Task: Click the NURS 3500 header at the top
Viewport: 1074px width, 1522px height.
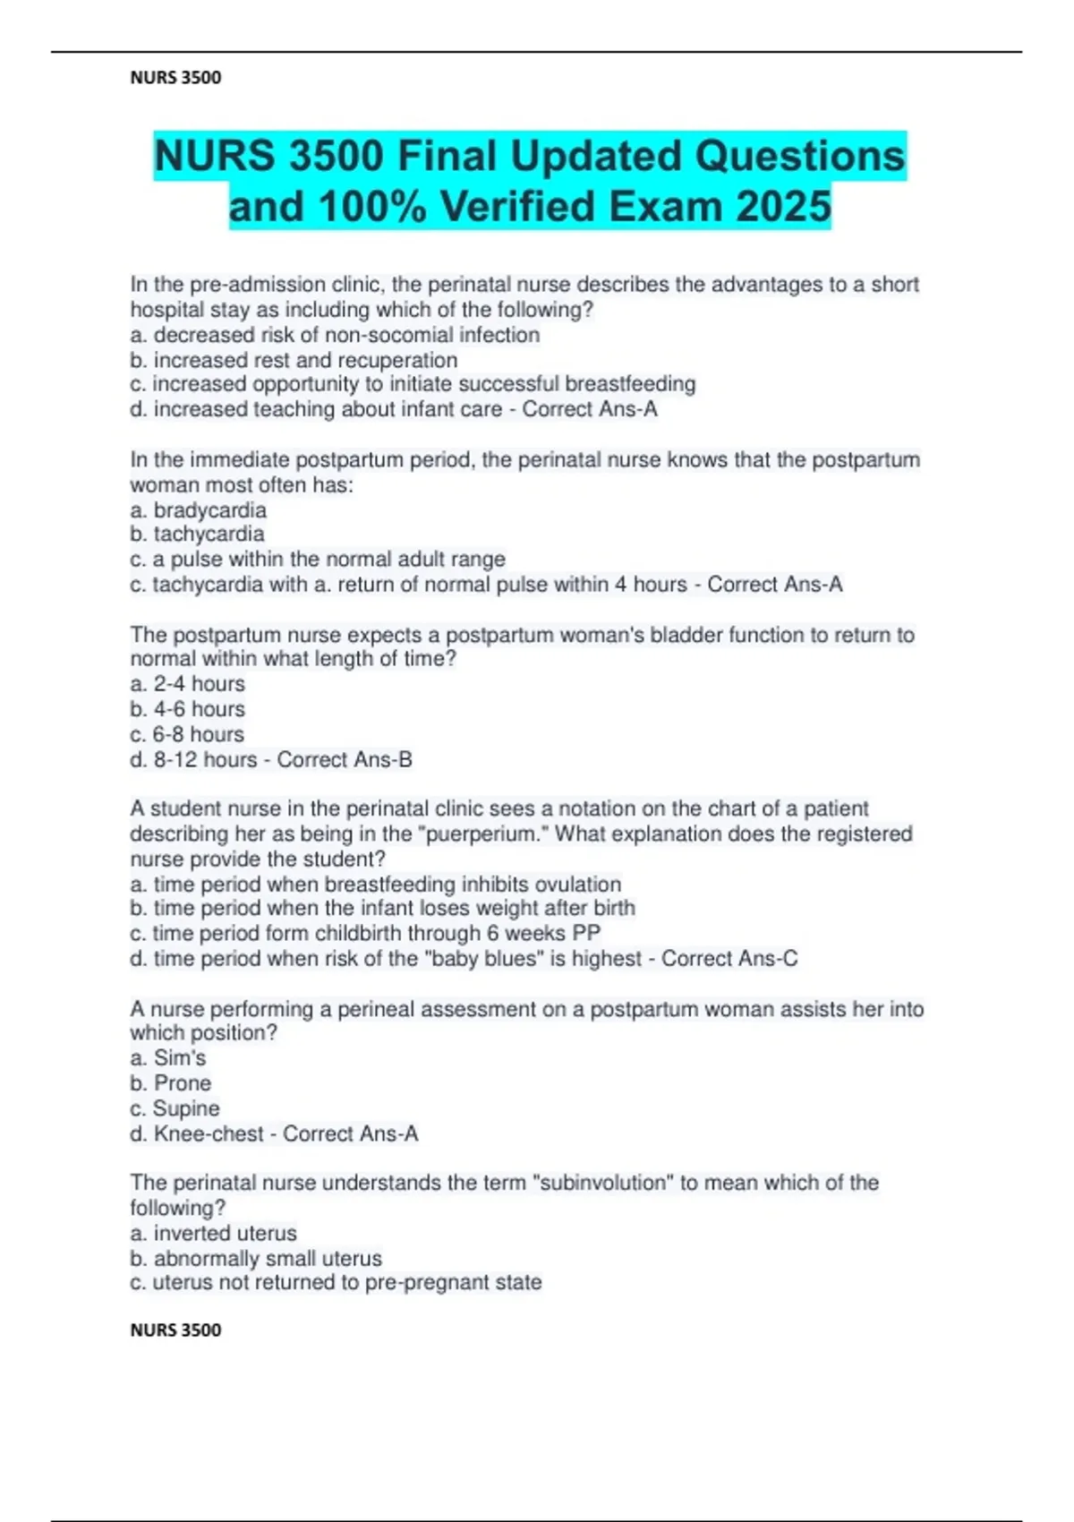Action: click(175, 78)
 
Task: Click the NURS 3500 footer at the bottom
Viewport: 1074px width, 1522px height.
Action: click(175, 1330)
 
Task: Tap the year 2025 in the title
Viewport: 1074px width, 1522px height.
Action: click(783, 207)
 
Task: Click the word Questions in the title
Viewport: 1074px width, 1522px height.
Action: click(800, 156)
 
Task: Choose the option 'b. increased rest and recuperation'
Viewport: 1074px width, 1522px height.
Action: click(294, 360)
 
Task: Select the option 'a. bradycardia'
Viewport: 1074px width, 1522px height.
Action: click(198, 510)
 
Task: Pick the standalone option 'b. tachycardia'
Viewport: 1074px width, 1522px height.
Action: click(197, 534)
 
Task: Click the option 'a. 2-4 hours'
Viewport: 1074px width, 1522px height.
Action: click(187, 684)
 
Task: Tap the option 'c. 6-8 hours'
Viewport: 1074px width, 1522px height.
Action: click(187, 734)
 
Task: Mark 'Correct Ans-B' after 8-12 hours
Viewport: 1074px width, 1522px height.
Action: click(345, 759)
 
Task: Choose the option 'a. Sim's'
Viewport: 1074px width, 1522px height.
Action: click(167, 1058)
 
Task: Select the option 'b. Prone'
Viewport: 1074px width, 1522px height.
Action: click(170, 1083)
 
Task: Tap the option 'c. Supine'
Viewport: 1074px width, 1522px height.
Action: click(175, 1108)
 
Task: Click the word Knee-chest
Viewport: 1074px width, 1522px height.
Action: click(209, 1133)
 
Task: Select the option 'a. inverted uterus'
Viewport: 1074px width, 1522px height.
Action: click(213, 1233)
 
